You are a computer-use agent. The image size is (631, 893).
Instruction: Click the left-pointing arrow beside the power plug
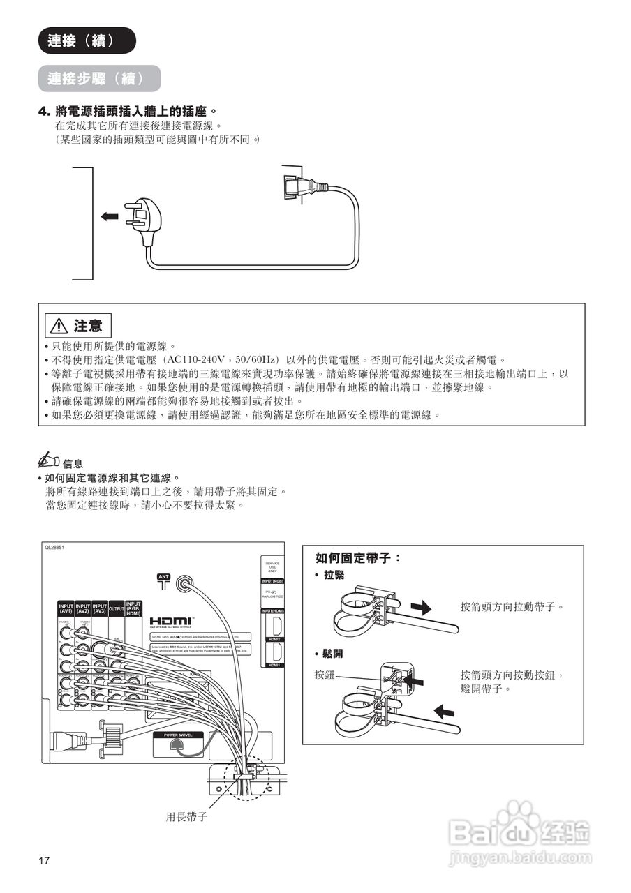click(x=110, y=217)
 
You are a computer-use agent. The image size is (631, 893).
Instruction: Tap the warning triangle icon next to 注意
click(x=57, y=326)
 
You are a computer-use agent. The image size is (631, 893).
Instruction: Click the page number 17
click(x=44, y=860)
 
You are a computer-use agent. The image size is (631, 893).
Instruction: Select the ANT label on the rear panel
click(x=163, y=576)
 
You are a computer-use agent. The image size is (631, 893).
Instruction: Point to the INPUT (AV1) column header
click(x=66, y=608)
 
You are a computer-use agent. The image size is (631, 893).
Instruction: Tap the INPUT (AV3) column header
click(x=100, y=608)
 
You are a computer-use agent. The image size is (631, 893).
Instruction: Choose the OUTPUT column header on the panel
click(x=117, y=609)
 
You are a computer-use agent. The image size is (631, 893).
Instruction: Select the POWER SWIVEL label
click(x=178, y=735)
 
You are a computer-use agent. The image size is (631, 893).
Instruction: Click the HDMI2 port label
click(x=274, y=639)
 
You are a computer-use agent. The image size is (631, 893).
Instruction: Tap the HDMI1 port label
click(x=274, y=665)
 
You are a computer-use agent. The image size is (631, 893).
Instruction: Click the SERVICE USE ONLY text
click(x=273, y=567)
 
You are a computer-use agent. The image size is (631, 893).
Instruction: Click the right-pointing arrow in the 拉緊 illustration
click(x=421, y=607)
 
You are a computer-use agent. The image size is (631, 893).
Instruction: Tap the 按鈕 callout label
click(x=325, y=675)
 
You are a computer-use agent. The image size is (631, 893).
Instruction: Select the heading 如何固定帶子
click(x=358, y=558)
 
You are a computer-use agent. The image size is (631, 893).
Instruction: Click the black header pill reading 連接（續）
click(x=87, y=40)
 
